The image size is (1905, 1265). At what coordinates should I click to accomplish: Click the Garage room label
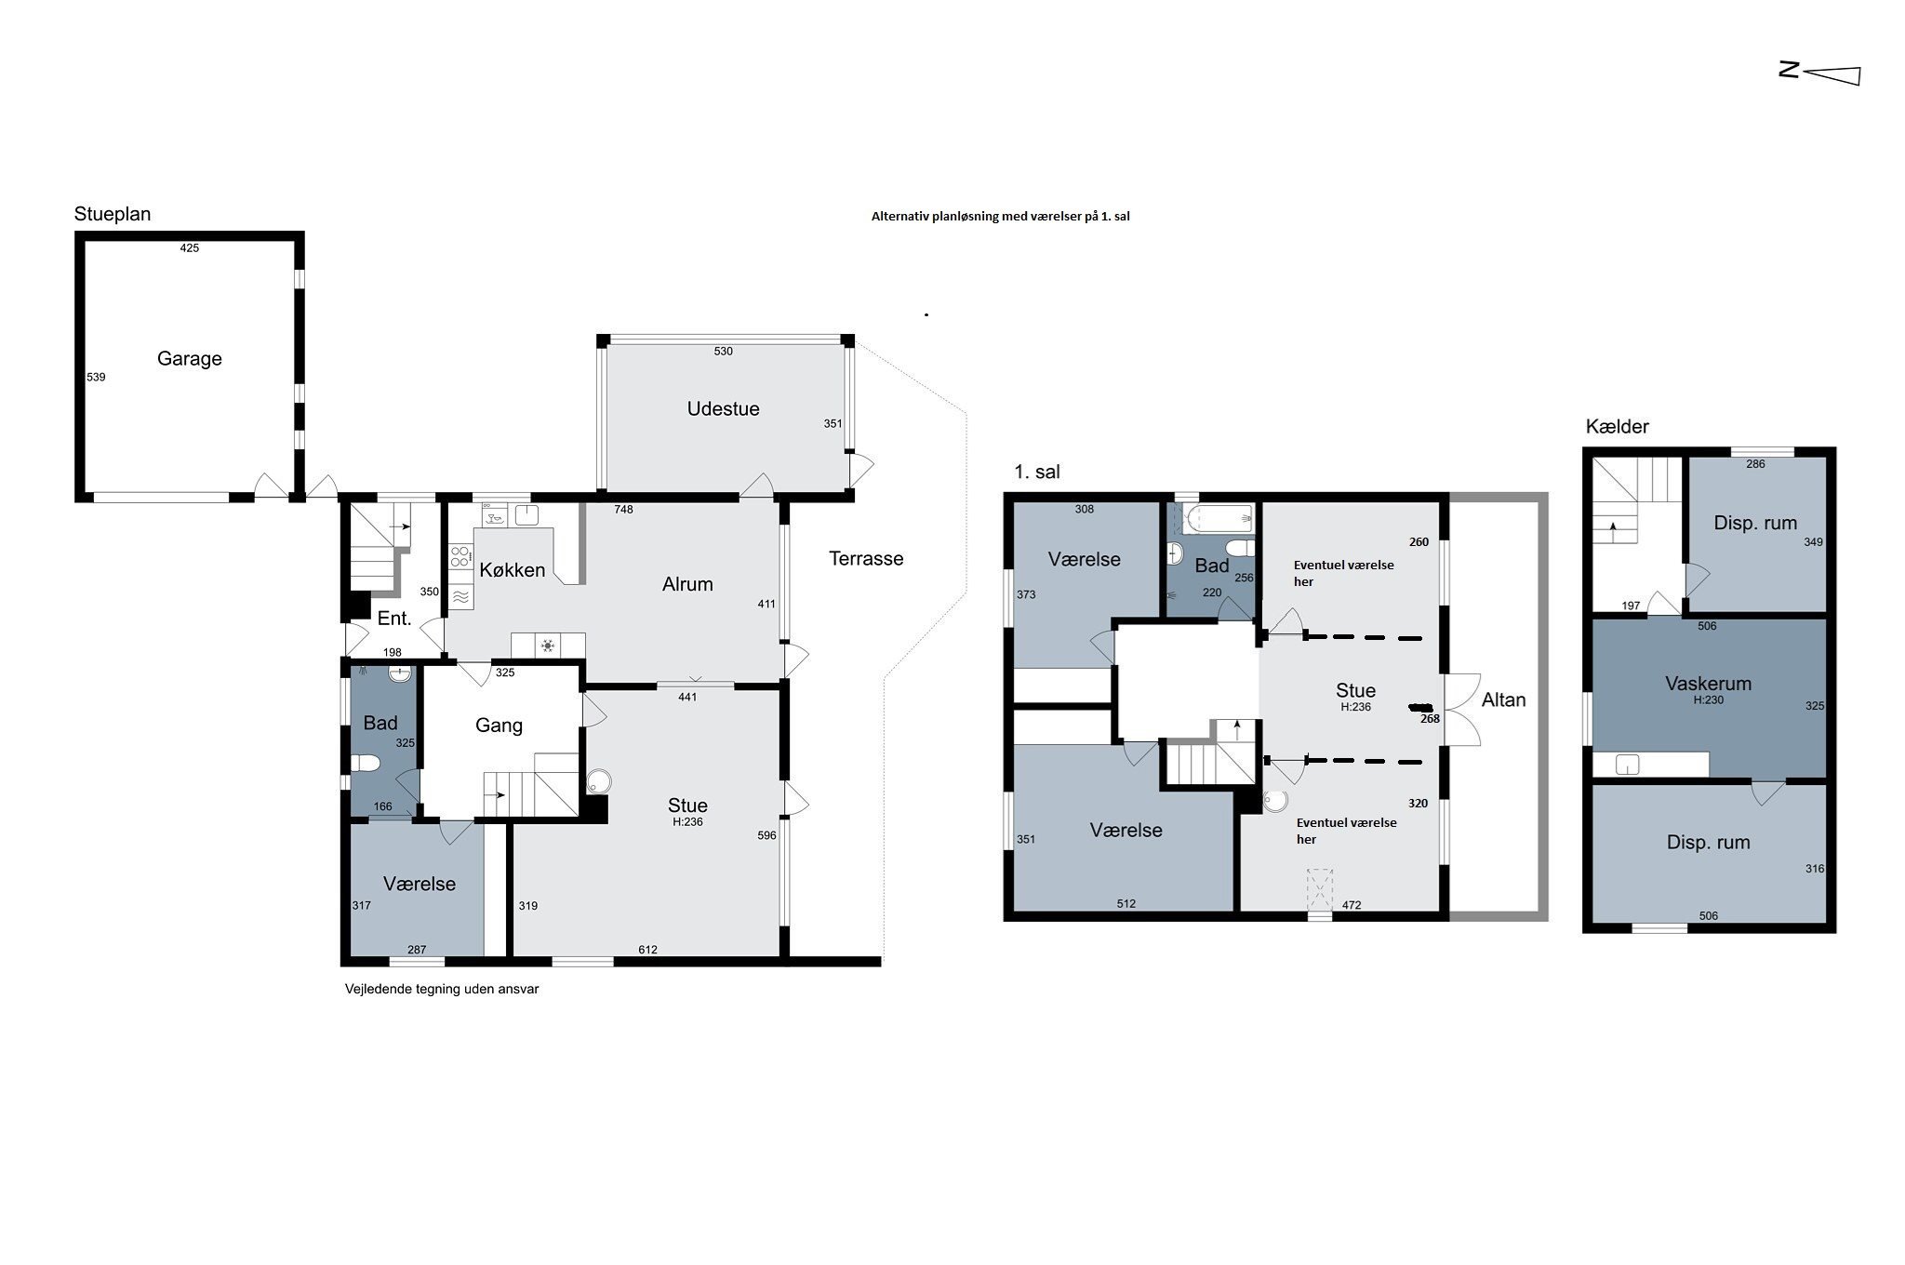(x=189, y=359)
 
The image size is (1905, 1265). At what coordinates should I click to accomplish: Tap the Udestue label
(x=723, y=409)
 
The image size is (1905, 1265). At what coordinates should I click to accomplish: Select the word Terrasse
(x=866, y=559)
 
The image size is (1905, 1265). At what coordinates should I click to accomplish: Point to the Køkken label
(x=512, y=570)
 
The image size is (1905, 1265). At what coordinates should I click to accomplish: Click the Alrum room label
(x=687, y=584)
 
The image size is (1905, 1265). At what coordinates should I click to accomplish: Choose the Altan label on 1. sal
(x=1503, y=700)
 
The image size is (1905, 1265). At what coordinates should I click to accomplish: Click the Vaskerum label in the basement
(x=1708, y=684)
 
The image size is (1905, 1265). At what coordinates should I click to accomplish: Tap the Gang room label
(x=499, y=726)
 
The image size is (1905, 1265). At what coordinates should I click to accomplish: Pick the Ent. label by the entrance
(x=394, y=619)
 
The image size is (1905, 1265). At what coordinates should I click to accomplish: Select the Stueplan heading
(x=113, y=214)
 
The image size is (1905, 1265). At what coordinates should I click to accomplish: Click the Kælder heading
(x=1618, y=427)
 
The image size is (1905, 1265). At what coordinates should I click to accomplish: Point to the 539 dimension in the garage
(x=96, y=378)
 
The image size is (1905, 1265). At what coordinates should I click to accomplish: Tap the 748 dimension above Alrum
(x=623, y=510)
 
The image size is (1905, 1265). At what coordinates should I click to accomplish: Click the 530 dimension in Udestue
(x=724, y=352)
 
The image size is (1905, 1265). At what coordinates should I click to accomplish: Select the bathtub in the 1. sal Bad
(x=1219, y=517)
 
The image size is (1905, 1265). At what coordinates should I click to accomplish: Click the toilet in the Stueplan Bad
(x=366, y=764)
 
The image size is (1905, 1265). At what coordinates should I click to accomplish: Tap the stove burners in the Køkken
(x=460, y=557)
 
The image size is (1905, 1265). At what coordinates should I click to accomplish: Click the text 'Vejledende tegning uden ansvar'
(x=442, y=990)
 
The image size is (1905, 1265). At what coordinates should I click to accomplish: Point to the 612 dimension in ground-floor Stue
(x=647, y=950)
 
